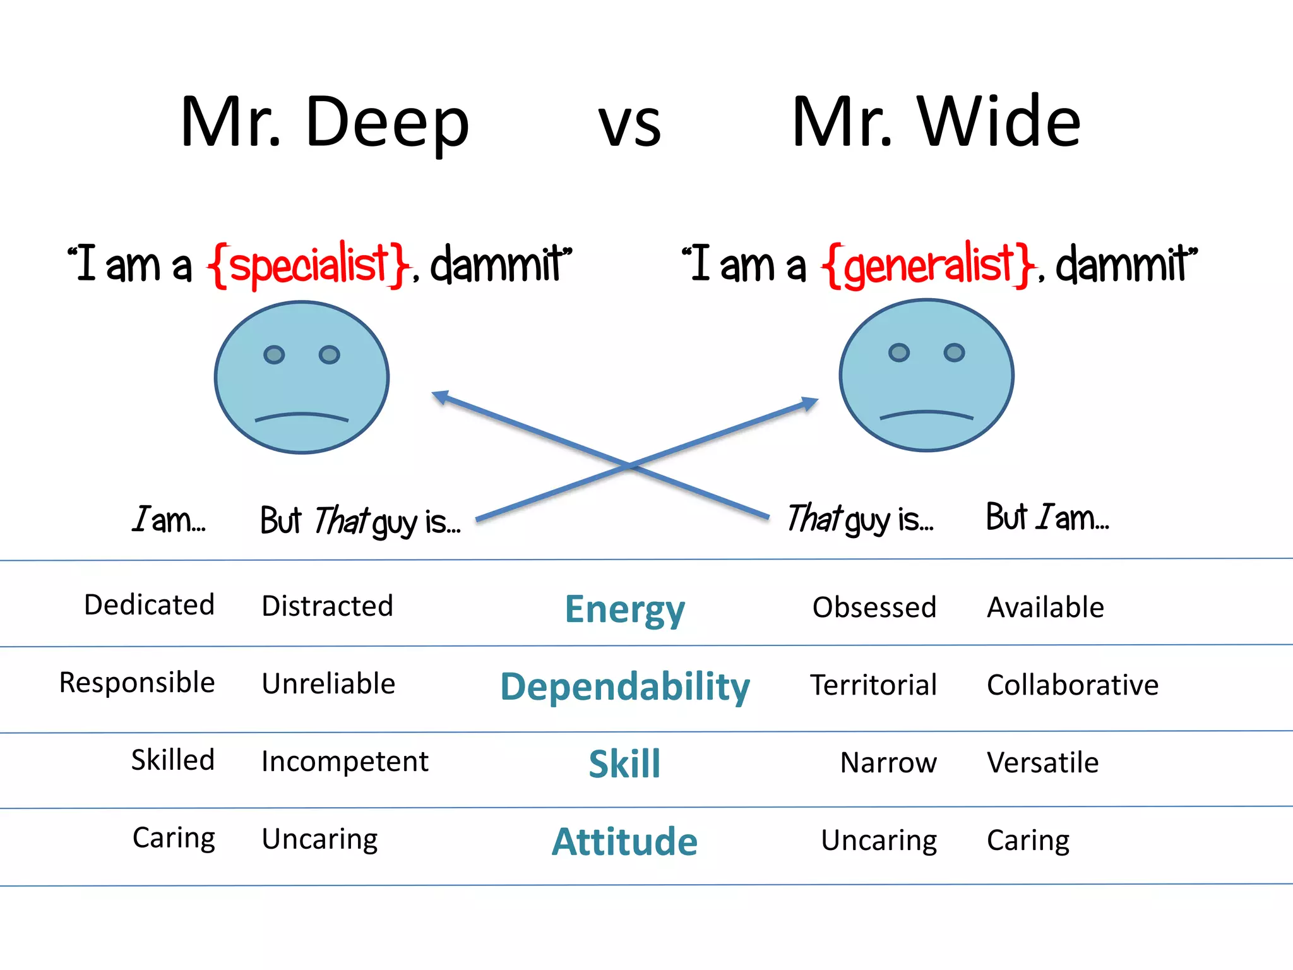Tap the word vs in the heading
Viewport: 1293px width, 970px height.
pyautogui.click(x=629, y=124)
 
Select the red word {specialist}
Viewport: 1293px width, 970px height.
pyautogui.click(x=308, y=265)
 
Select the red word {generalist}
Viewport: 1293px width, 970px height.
pyautogui.click(x=928, y=265)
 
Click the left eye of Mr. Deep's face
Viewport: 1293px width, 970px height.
pyautogui.click(x=274, y=355)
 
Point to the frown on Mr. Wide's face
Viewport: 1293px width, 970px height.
pyautogui.click(x=926, y=415)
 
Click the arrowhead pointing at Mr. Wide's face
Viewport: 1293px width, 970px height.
pyautogui.click(x=810, y=402)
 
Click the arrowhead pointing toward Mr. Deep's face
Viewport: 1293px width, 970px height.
pyautogui.click(x=440, y=397)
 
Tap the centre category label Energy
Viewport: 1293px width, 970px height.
pyautogui.click(x=624, y=609)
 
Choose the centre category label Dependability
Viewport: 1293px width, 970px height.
pyautogui.click(x=624, y=686)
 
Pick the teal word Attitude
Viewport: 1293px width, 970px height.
pyautogui.click(x=624, y=841)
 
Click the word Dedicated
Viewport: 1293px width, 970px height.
pyautogui.click(x=150, y=605)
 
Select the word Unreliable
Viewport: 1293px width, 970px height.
pyautogui.click(x=328, y=684)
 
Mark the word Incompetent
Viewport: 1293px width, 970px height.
pyautogui.click(x=345, y=762)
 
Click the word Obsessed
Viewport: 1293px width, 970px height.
pyautogui.click(x=874, y=608)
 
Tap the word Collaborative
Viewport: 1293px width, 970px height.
pyautogui.click(x=1072, y=685)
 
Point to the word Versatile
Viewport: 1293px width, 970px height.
pyautogui.click(x=1042, y=763)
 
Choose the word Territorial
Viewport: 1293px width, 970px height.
pyautogui.click(x=874, y=685)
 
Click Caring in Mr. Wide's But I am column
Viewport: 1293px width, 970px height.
pyautogui.click(x=1028, y=841)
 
